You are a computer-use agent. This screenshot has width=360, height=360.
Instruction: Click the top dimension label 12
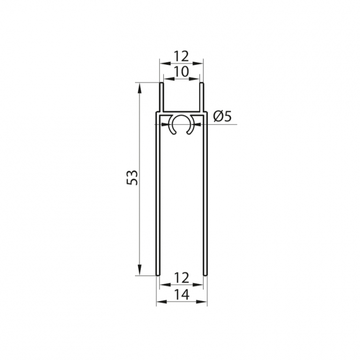[181, 56]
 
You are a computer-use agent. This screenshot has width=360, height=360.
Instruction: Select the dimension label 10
[181, 72]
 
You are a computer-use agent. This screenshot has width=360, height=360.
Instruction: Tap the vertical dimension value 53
[132, 177]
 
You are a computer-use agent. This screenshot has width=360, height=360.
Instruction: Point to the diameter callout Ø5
[222, 117]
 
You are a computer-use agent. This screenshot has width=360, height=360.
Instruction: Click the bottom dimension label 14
[182, 295]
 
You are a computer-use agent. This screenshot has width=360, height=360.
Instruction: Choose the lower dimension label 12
[182, 278]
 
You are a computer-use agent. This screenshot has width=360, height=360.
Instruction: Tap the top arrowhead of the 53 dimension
[139, 88]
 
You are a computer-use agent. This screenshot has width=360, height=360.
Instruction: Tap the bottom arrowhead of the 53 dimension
[139, 269]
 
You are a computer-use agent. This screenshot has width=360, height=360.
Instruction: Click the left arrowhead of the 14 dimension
[161, 302]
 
